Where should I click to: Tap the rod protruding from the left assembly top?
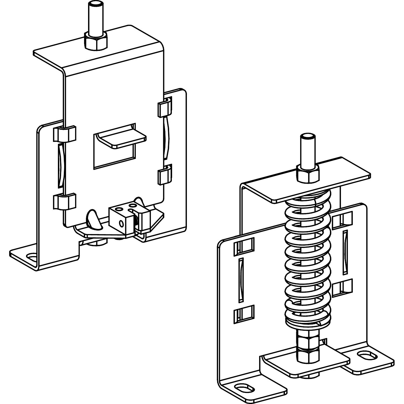tap(96, 19)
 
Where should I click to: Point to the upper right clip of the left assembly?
tap(164, 108)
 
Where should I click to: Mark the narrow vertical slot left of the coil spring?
tap(241, 280)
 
